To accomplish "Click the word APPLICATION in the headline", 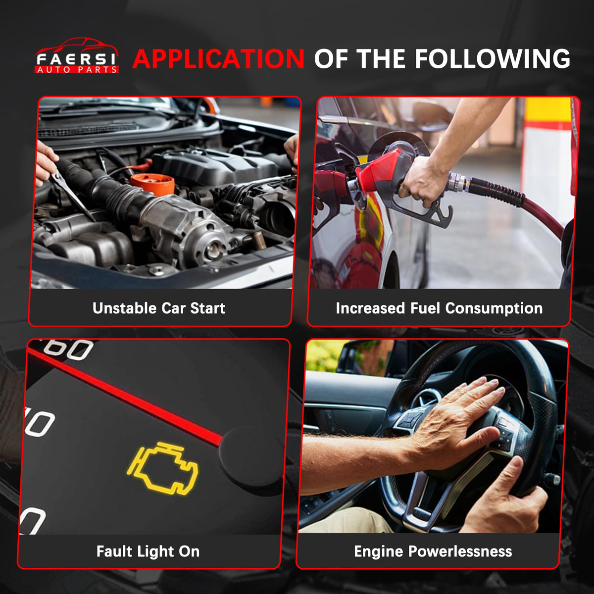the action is [x=218, y=58].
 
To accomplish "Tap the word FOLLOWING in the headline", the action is [x=492, y=58].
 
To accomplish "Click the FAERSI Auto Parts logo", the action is [x=76, y=55].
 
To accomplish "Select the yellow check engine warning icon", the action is [x=163, y=468].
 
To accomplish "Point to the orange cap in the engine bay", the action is [x=152, y=184].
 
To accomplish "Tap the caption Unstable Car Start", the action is [x=159, y=308].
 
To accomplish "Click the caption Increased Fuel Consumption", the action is [x=439, y=308].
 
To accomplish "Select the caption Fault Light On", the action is [x=148, y=551].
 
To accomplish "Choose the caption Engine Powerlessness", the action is [x=433, y=552].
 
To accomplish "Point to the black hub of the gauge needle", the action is [x=251, y=456].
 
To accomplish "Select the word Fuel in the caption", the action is [x=425, y=308].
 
